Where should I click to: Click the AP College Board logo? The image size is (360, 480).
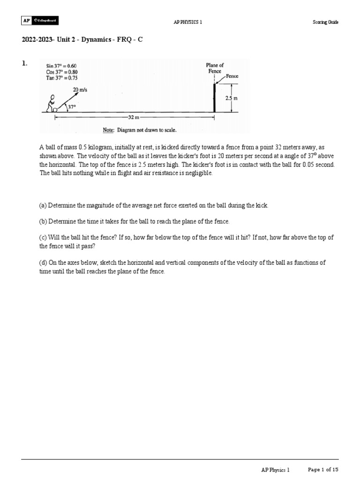coord(40,21)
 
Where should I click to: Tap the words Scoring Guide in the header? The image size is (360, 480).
coord(325,22)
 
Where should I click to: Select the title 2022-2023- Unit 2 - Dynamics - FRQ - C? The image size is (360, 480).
coord(82,40)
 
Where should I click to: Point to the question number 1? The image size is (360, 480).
coord(24,63)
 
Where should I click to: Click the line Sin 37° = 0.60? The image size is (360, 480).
coord(61,66)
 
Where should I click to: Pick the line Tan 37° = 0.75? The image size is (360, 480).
coord(61,78)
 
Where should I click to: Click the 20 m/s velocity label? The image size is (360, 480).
coord(79,90)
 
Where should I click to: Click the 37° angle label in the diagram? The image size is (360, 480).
coord(71,107)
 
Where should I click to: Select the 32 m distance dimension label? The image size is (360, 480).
coord(134,117)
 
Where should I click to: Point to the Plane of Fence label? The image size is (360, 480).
coord(215,68)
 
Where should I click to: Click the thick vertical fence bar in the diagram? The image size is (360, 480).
coord(214,98)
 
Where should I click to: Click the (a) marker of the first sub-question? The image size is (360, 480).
coord(43,206)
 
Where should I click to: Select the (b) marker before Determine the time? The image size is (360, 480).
coord(43,221)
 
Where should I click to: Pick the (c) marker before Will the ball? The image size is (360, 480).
coord(43,237)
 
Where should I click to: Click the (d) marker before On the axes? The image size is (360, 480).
coord(43,262)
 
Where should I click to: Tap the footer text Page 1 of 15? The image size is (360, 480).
coord(323,469)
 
